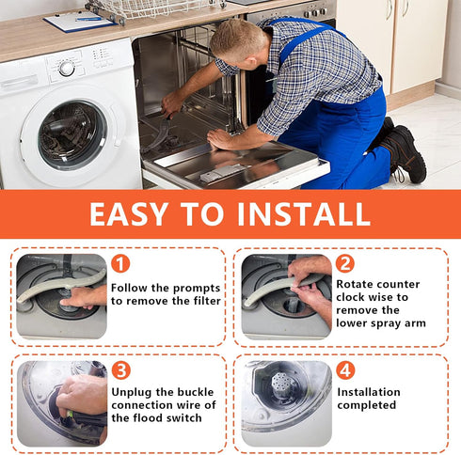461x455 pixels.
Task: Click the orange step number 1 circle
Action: point(120,263)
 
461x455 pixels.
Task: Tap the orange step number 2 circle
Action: point(345,263)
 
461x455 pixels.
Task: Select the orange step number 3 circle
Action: point(121,370)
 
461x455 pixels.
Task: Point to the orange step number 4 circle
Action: point(345,370)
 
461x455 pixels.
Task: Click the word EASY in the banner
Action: point(128,213)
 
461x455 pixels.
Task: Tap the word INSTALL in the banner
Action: point(303,213)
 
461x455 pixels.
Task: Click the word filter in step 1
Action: point(207,301)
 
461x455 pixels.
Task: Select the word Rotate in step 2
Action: point(353,284)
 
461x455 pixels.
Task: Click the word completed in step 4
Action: point(367,405)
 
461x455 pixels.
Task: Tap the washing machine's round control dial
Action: point(67,69)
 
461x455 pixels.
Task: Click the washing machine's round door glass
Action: point(72,135)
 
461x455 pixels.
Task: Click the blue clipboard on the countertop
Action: point(80,21)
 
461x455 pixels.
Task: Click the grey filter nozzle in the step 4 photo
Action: point(282,383)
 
